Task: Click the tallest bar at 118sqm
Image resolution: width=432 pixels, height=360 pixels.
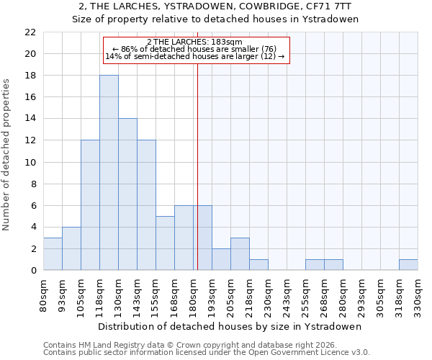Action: point(109,173)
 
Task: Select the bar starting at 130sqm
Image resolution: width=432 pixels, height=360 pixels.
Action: point(127,194)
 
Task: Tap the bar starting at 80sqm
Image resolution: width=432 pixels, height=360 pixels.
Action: point(53,254)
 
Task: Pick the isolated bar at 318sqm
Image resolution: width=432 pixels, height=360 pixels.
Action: point(408,265)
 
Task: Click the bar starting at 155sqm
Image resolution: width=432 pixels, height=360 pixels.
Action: point(165,243)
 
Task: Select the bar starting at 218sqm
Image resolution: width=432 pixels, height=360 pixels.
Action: point(258,265)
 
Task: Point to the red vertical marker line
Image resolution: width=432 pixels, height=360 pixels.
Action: point(197,158)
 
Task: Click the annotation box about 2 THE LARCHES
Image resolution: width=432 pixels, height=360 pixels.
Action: point(196,50)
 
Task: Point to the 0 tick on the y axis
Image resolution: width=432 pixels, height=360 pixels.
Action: point(33,271)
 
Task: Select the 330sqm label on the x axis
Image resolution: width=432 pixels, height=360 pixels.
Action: point(418,294)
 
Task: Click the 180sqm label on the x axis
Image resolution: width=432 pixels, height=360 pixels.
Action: point(193,294)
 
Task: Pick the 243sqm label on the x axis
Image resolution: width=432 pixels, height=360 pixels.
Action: point(287,294)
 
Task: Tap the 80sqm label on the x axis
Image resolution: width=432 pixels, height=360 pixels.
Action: point(43,294)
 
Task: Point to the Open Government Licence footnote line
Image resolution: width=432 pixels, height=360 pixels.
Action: point(207,353)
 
